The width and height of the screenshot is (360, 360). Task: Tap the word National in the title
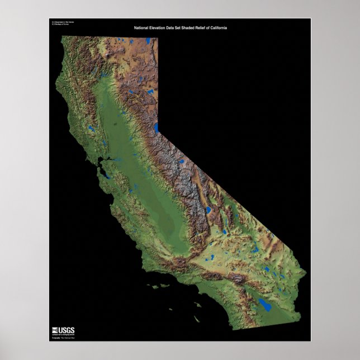click(142, 27)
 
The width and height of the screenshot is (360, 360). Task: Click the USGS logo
click(63, 330)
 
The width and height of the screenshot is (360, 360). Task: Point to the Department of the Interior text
click(62, 22)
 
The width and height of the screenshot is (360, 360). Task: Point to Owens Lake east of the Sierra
click(208, 210)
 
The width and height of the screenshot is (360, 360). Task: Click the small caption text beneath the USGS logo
click(63, 338)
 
